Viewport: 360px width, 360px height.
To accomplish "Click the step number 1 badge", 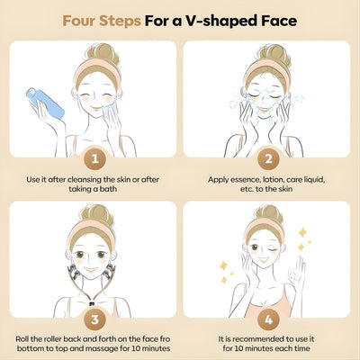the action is [94, 158].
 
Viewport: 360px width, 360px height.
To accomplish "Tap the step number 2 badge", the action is [268, 158].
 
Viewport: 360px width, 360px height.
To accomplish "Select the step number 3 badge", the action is [94, 319].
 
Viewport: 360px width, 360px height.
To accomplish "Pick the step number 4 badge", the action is [268, 319].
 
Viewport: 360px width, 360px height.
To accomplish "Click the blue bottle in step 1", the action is [45, 103].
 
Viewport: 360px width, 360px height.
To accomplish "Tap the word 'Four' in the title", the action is [78, 21].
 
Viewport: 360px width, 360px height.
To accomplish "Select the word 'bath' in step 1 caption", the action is [108, 189].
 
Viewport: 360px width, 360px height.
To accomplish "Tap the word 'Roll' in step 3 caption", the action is [22, 339].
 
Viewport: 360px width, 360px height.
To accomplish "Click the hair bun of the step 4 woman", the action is [269, 214].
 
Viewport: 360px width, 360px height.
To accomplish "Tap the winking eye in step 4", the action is [273, 249].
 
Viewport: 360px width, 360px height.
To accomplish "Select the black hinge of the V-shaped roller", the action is [92, 303].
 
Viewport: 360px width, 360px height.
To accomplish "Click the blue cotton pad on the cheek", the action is [109, 111].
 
